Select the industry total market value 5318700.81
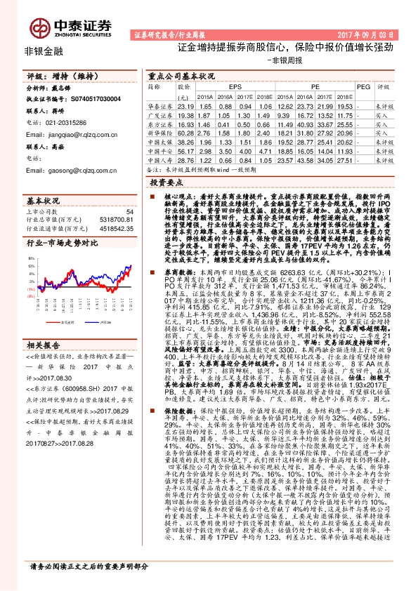pos(115,220)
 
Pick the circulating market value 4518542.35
pos(115,228)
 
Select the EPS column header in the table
pos(235,86)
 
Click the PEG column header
pos(363,86)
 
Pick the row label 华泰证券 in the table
pos(159,105)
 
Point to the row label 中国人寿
pos(159,160)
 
